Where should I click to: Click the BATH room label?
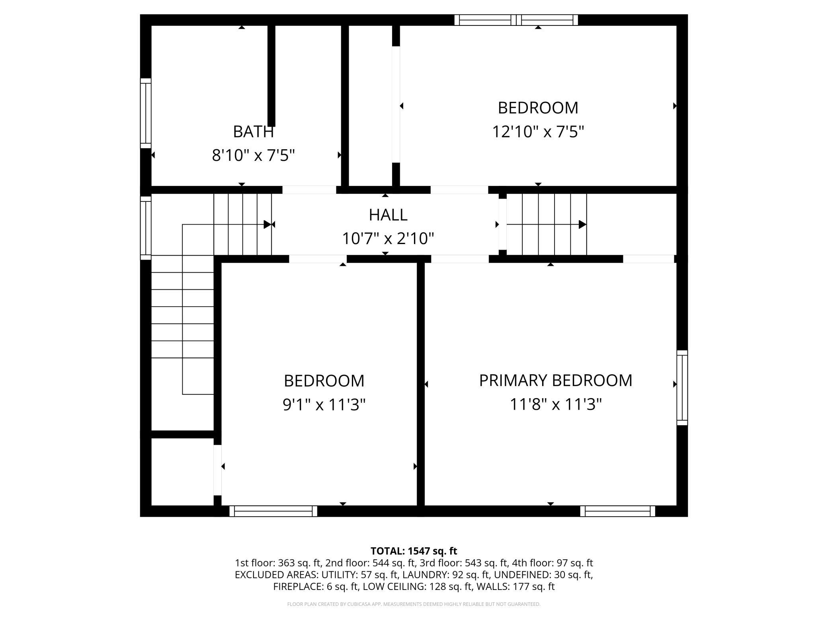click(253, 132)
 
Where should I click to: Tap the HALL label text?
click(388, 215)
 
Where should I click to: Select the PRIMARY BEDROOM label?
click(556, 381)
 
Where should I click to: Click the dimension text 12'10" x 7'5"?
click(538, 132)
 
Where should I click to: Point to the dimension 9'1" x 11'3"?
click(324, 405)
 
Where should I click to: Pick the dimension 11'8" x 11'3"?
click(556, 405)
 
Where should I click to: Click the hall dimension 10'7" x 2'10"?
click(388, 239)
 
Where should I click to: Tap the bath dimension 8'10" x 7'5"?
click(253, 155)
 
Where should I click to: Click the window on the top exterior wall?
click(516, 20)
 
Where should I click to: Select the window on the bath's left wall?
click(146, 113)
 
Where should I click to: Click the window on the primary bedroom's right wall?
click(682, 388)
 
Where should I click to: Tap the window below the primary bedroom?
click(618, 511)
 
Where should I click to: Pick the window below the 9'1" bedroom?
click(273, 511)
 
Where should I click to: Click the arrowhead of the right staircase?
click(582, 225)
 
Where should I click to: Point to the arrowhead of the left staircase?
click(268, 225)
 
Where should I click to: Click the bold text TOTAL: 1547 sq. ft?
click(414, 551)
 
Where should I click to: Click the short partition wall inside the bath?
click(271, 76)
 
